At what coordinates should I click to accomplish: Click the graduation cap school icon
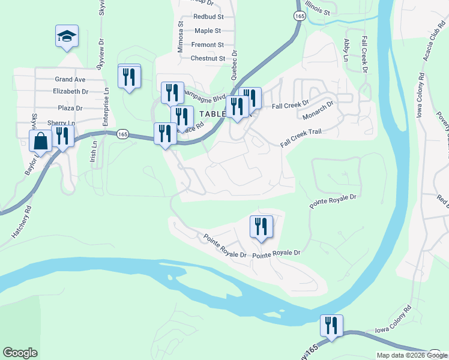coord(67,37)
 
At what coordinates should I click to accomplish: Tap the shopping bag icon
coord(41,142)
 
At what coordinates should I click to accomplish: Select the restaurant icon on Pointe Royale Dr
coord(261,227)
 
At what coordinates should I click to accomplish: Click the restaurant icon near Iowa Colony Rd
coord(331,326)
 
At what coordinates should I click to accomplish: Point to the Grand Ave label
coord(70,79)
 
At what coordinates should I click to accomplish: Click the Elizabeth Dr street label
coord(70,92)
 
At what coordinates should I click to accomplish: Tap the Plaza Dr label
coord(70,108)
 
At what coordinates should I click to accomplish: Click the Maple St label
coord(208,31)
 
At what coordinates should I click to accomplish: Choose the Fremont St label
coord(207,45)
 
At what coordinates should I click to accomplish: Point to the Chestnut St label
coord(207,59)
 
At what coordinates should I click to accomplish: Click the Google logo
coord(20,353)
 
